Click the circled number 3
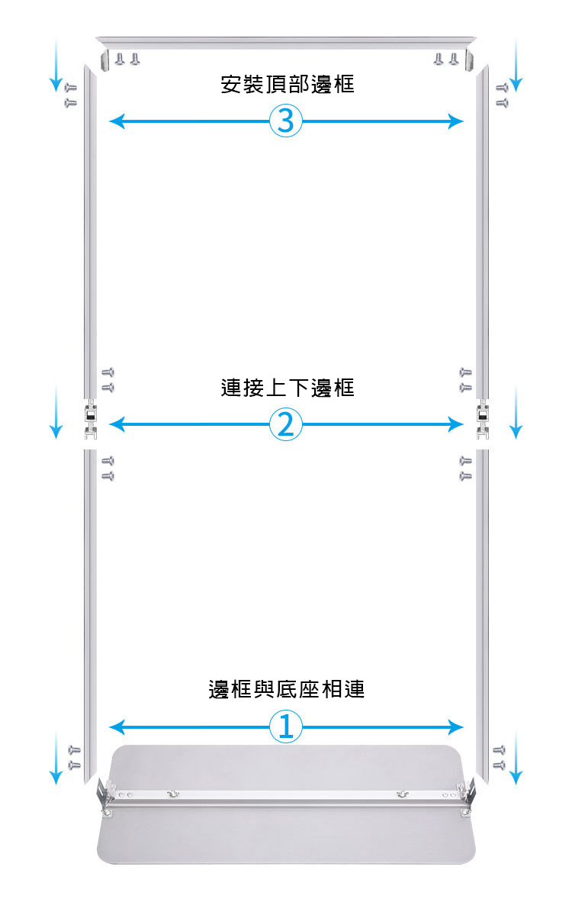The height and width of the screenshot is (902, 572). coord(286,121)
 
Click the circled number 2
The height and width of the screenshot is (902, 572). coord(286,424)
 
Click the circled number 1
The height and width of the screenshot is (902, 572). coord(286,726)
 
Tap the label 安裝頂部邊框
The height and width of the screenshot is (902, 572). coord(288,83)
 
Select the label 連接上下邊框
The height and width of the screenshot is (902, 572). coord(288,388)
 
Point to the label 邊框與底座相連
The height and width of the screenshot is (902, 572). coord(287,689)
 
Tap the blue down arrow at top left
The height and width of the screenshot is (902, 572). coord(55,65)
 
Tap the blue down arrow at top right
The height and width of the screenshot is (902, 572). coord(516,65)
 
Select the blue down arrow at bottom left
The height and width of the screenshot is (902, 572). coord(55,755)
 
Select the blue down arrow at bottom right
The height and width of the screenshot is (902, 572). coord(516,755)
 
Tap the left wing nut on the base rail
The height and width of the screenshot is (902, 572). coord(173,795)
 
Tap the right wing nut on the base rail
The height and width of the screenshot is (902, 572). coord(400,795)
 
